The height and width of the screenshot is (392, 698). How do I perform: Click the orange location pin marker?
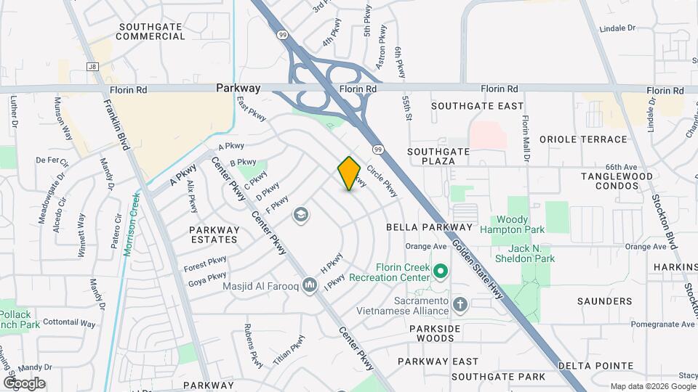(x=349, y=173)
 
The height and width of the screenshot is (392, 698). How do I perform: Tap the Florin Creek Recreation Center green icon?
(x=440, y=272)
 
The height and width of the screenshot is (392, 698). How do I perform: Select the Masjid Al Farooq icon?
(x=310, y=285)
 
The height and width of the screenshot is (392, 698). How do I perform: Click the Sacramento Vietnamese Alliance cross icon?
(x=459, y=303)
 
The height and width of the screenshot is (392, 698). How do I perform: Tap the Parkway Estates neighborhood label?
(x=214, y=234)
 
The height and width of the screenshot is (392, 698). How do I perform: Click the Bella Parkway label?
(x=425, y=227)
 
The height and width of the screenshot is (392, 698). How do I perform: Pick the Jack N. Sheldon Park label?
(x=524, y=253)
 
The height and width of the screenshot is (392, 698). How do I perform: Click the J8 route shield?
(x=92, y=67)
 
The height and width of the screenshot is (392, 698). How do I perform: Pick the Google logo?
(x=24, y=383)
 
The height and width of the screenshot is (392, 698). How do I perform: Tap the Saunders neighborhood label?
(x=604, y=301)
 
